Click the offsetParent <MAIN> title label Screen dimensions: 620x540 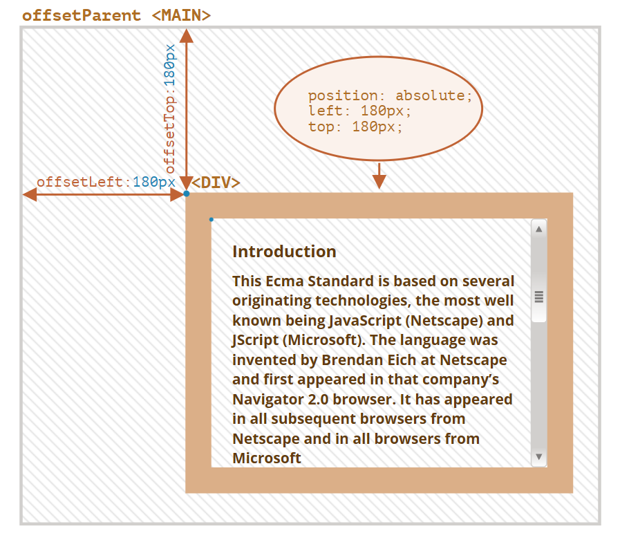116,15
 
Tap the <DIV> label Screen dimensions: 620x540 216,183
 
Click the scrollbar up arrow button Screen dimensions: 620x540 538,229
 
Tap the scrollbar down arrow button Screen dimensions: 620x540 538,456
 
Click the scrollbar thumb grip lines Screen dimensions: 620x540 538,297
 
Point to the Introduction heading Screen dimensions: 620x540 284,252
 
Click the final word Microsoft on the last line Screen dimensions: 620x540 267,458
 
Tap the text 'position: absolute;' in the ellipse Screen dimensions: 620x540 391,95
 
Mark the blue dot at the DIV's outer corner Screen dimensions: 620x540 186,194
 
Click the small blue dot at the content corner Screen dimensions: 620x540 212,220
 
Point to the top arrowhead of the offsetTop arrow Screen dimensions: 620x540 186,35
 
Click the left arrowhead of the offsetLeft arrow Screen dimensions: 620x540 30,194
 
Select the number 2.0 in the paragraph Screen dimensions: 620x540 318,400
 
